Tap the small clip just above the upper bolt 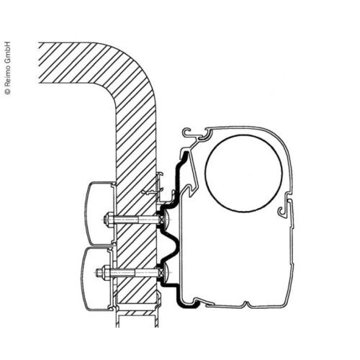[151, 192]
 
